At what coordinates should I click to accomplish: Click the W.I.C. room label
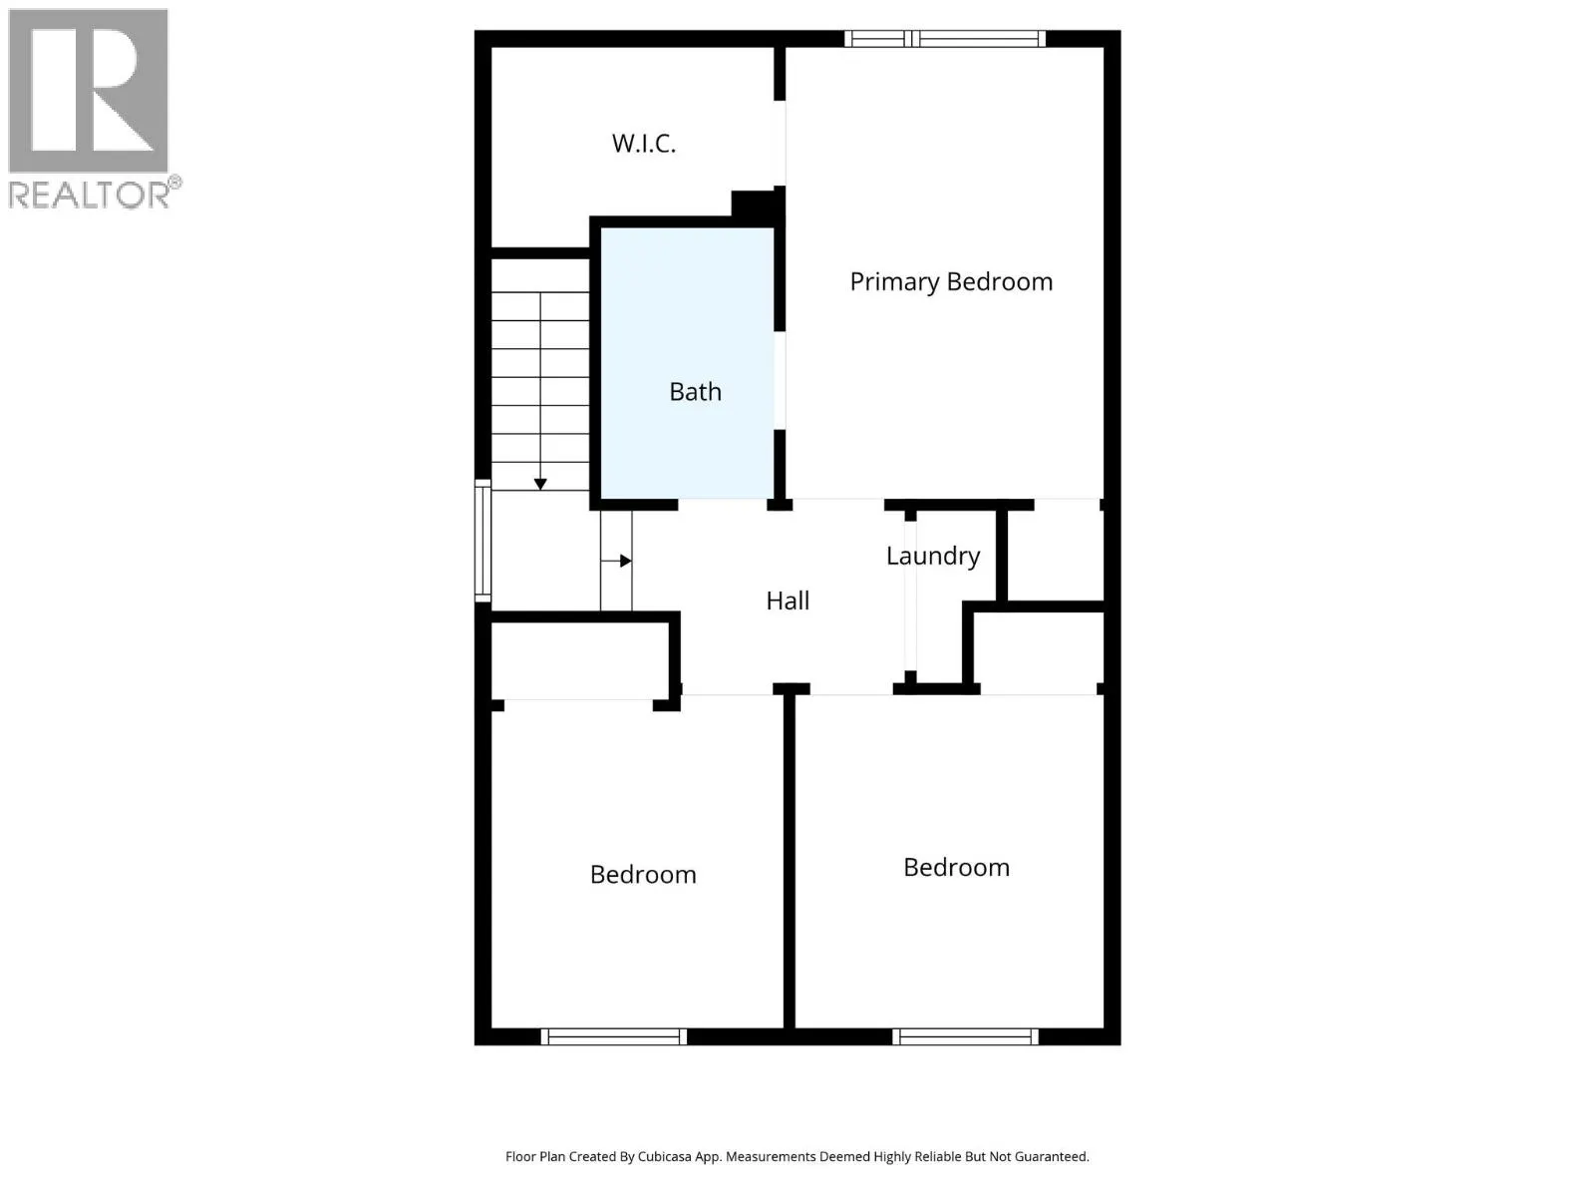pyautogui.click(x=643, y=144)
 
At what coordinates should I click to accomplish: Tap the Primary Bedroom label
pyautogui.click(x=951, y=282)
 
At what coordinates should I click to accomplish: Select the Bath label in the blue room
pyautogui.click(x=695, y=392)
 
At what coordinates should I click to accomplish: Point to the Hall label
pyautogui.click(x=788, y=600)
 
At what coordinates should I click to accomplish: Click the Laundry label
pyautogui.click(x=933, y=556)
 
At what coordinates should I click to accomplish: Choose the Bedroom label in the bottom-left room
pyautogui.click(x=643, y=875)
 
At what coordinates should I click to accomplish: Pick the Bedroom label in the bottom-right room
pyautogui.click(x=956, y=868)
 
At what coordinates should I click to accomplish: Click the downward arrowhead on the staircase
pyautogui.click(x=540, y=484)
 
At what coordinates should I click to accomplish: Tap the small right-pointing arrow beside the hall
pyautogui.click(x=625, y=561)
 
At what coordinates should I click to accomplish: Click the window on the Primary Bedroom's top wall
pyautogui.click(x=944, y=39)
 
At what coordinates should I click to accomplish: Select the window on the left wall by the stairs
pyautogui.click(x=482, y=540)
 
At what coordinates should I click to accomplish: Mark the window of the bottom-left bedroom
pyautogui.click(x=613, y=1036)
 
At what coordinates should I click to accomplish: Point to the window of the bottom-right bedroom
pyautogui.click(x=965, y=1036)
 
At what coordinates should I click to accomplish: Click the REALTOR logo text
pyautogui.click(x=90, y=195)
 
